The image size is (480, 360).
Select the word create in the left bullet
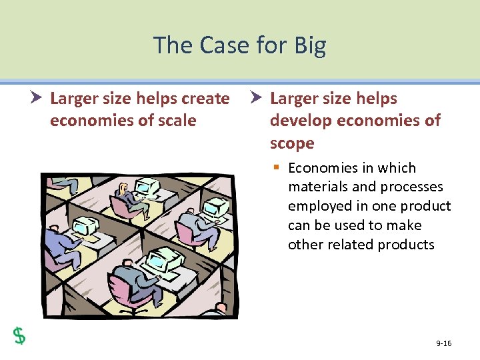tap(205, 99)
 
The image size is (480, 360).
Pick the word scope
tap(291, 143)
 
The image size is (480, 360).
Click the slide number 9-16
tap(443, 343)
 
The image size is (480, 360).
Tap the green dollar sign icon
tap(20, 335)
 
